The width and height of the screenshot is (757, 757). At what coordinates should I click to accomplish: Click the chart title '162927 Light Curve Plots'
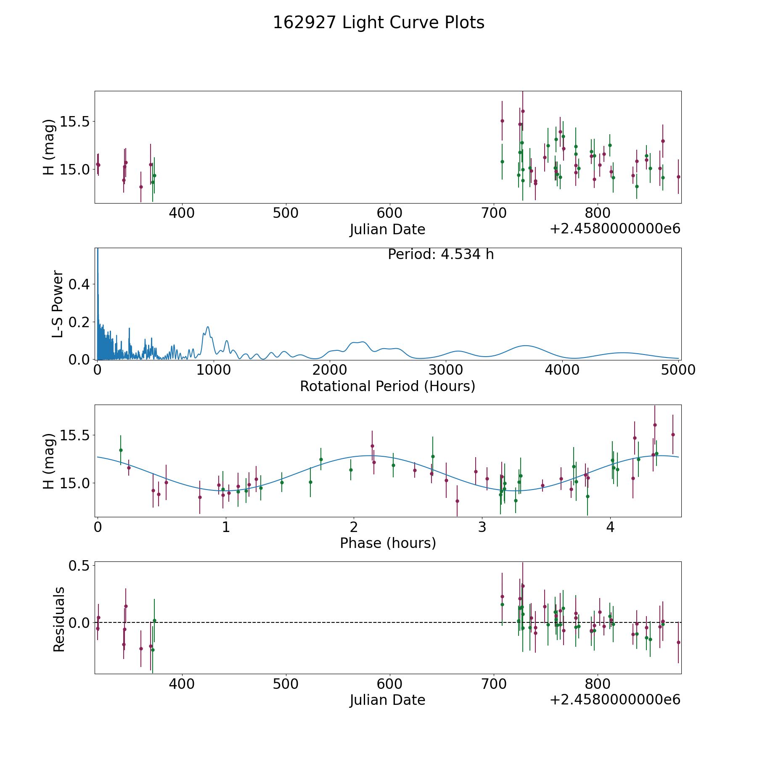click(x=378, y=23)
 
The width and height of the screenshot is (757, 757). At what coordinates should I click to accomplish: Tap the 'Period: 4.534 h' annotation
click(x=441, y=254)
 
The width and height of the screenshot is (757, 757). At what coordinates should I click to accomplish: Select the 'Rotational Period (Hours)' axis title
click(x=387, y=386)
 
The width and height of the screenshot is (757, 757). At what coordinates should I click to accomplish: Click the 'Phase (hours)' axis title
click(x=388, y=543)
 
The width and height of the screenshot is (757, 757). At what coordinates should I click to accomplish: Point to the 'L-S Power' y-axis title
click(x=58, y=304)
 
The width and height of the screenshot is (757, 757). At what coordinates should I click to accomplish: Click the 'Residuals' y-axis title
click(x=59, y=619)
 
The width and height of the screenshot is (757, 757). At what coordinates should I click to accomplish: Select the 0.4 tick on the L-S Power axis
click(x=80, y=285)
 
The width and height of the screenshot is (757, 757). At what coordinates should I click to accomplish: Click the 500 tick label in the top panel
click(x=286, y=213)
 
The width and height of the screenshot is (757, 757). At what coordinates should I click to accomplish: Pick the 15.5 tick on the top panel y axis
click(x=75, y=122)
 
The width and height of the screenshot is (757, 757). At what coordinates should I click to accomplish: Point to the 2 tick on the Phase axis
click(x=354, y=527)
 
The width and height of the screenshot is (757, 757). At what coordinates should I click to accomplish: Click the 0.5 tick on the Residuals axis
click(x=80, y=566)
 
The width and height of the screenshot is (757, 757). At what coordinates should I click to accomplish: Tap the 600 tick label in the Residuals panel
click(x=389, y=684)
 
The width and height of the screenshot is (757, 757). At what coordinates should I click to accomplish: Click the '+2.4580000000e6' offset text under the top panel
click(x=615, y=229)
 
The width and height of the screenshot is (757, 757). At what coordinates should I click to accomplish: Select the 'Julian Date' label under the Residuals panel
click(x=387, y=700)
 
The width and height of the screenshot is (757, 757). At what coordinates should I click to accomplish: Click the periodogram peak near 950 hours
click(x=207, y=327)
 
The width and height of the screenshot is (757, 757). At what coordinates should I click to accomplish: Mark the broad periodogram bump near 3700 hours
click(x=525, y=346)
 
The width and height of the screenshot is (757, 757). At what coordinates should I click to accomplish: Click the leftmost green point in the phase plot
click(x=121, y=450)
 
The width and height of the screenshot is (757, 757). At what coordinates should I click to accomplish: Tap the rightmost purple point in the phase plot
click(x=673, y=434)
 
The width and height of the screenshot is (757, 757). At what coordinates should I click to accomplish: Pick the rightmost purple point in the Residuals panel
click(x=678, y=642)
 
